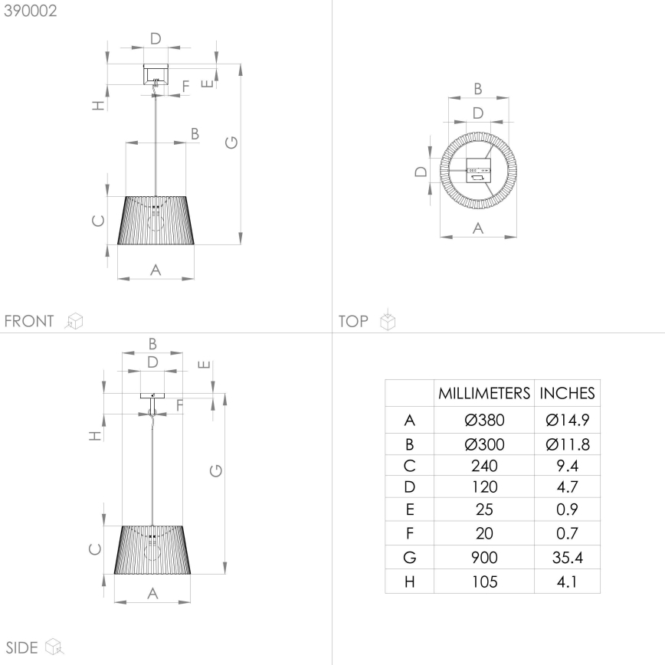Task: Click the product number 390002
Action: [x=30, y=11]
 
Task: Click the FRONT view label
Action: [x=29, y=321]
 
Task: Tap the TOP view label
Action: [x=353, y=321]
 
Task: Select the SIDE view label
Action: [x=21, y=647]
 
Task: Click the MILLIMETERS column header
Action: [x=484, y=394]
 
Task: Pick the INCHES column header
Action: [x=567, y=394]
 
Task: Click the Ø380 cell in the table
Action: [x=484, y=420]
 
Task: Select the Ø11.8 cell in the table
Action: [x=567, y=444]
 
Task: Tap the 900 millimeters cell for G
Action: [x=484, y=558]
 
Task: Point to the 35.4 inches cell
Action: [x=567, y=558]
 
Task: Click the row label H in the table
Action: [x=409, y=581]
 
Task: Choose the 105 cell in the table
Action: [x=484, y=581]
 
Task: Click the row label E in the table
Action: [x=409, y=509]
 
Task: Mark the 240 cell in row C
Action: [x=484, y=465]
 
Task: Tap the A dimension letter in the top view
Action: [x=477, y=228]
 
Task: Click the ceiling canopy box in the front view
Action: [x=156, y=74]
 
